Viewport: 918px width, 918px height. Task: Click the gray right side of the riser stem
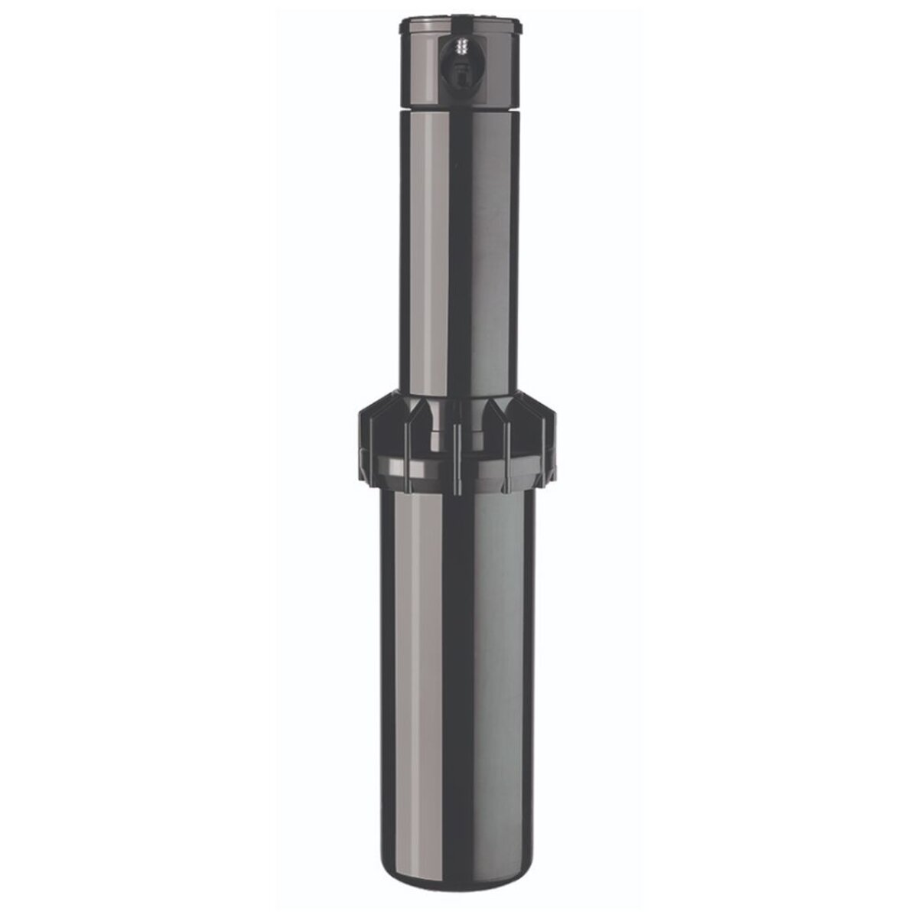point(497,252)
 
